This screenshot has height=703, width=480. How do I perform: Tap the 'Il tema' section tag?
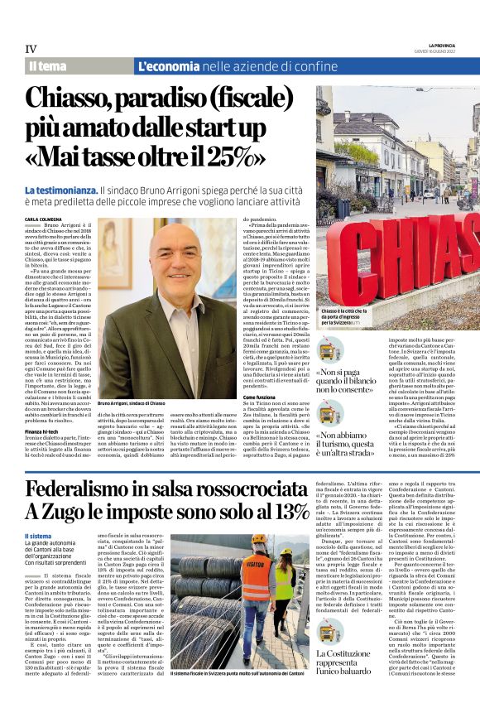click(x=48, y=66)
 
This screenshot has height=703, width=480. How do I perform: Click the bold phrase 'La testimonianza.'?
click(x=60, y=190)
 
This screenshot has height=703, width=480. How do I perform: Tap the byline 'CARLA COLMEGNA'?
click(x=46, y=219)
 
